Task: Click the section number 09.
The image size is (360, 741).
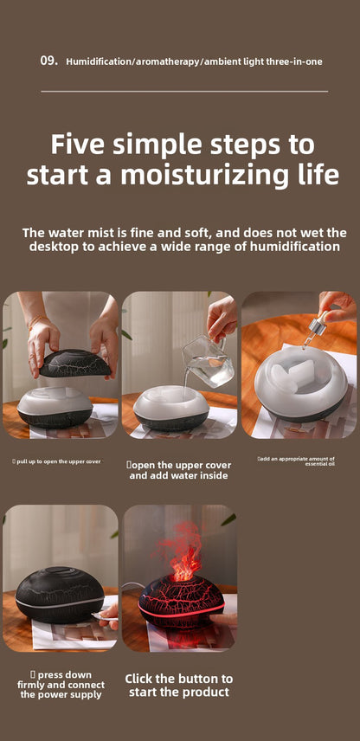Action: pos(48,61)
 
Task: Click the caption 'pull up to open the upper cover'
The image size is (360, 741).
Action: pos(58,461)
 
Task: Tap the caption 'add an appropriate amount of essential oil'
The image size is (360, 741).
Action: pos(296,461)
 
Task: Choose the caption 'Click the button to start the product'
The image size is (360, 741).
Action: pos(179,685)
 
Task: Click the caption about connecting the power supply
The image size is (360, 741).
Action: pos(61,684)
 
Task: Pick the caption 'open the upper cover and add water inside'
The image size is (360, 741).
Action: pos(178,470)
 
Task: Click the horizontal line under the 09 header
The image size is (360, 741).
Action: pos(183,90)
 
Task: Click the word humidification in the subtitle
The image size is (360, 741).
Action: pos(296,247)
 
